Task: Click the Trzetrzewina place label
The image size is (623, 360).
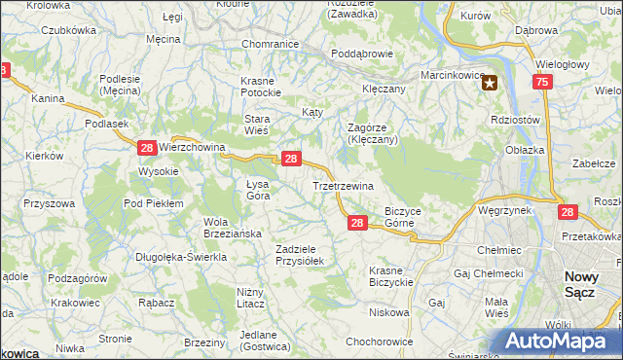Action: (344, 185)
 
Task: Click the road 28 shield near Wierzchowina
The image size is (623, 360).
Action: (147, 147)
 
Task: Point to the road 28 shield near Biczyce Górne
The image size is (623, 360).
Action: (356, 223)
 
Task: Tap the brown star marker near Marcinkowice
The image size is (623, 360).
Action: (492, 84)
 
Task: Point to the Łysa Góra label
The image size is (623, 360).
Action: (258, 189)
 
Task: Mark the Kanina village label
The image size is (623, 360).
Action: (47, 98)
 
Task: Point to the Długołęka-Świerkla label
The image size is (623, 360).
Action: (182, 257)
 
